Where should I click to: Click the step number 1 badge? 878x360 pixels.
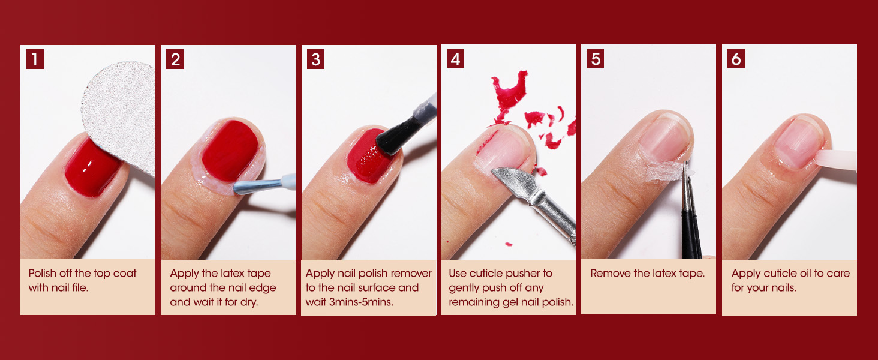35,59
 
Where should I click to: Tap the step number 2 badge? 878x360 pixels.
175,59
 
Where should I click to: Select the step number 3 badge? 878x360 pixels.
315,59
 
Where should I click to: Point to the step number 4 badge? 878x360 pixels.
456,59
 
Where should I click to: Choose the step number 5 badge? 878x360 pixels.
596,59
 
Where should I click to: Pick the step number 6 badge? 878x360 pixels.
736,59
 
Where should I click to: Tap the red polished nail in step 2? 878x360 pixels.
229,150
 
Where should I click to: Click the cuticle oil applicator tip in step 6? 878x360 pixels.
837,160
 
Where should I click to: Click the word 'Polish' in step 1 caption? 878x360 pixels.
43,274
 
